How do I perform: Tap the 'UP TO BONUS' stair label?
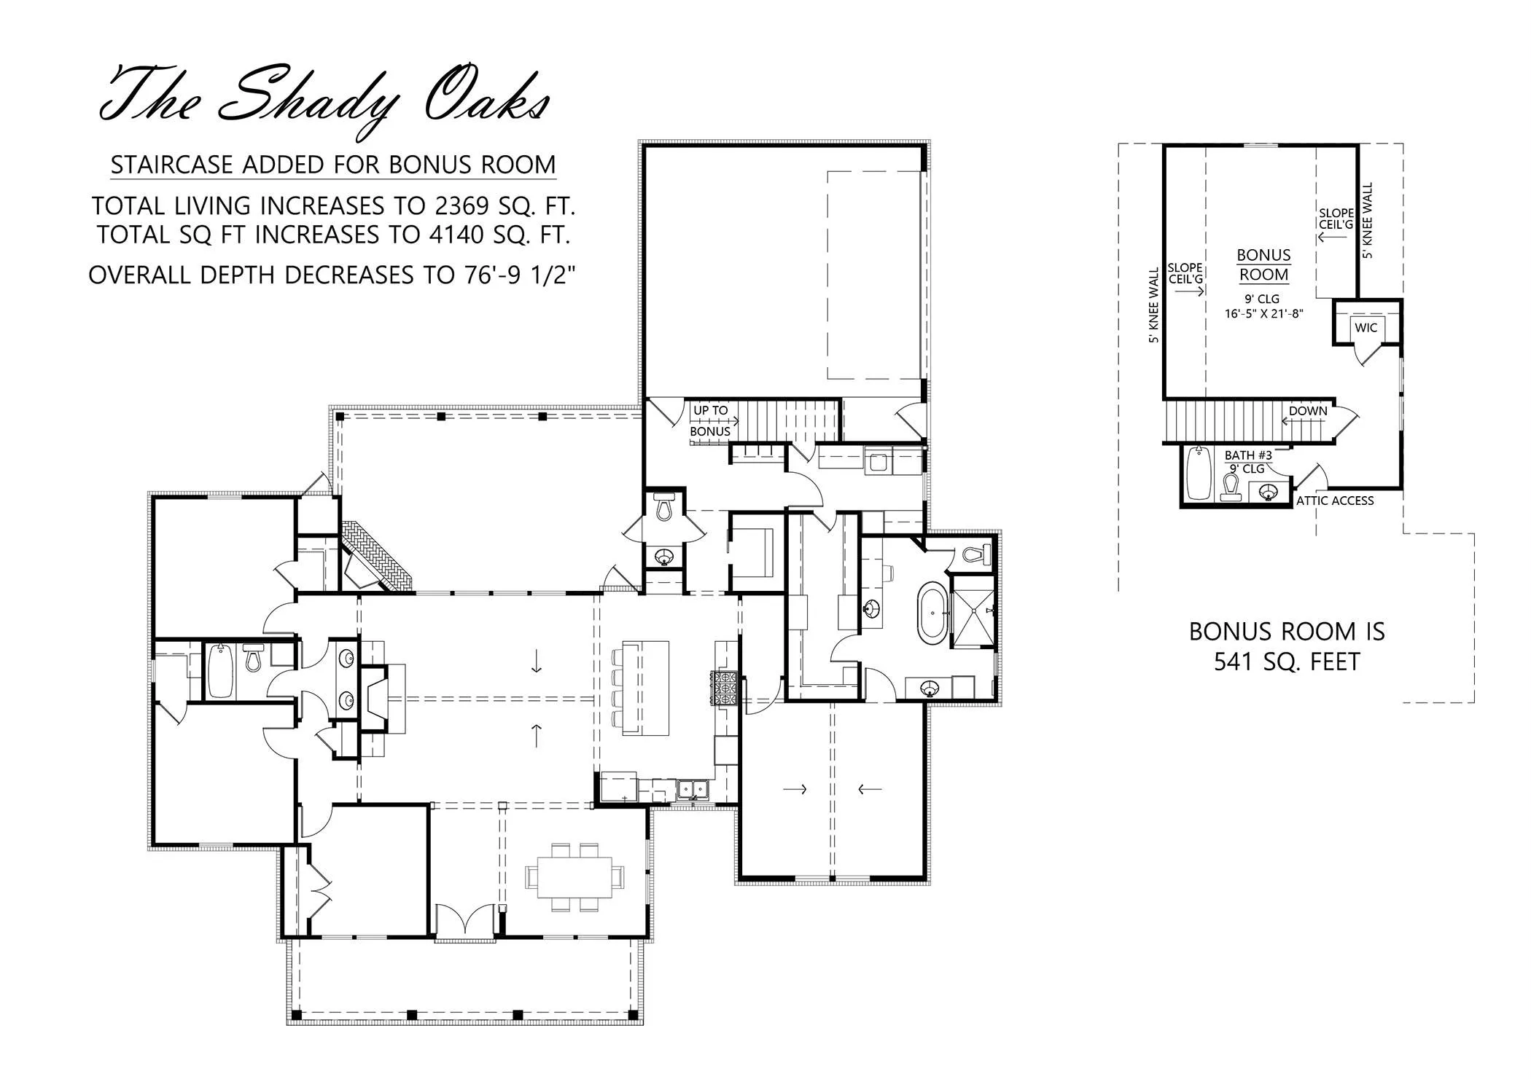(x=711, y=421)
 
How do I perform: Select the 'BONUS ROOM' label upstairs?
(x=1263, y=265)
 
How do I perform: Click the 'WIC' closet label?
(x=1366, y=328)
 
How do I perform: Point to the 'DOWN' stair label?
(x=1308, y=411)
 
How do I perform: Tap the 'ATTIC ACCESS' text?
(x=1335, y=501)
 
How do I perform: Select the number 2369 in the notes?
(x=461, y=206)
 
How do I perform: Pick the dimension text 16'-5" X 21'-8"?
(x=1263, y=314)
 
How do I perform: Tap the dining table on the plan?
(x=574, y=878)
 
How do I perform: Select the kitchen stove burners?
(x=727, y=687)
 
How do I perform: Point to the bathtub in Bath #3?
(x=1197, y=474)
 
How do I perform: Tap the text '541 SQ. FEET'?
(x=1287, y=662)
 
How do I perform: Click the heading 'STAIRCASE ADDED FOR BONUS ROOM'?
(x=333, y=165)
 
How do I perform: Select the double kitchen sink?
(x=692, y=789)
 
